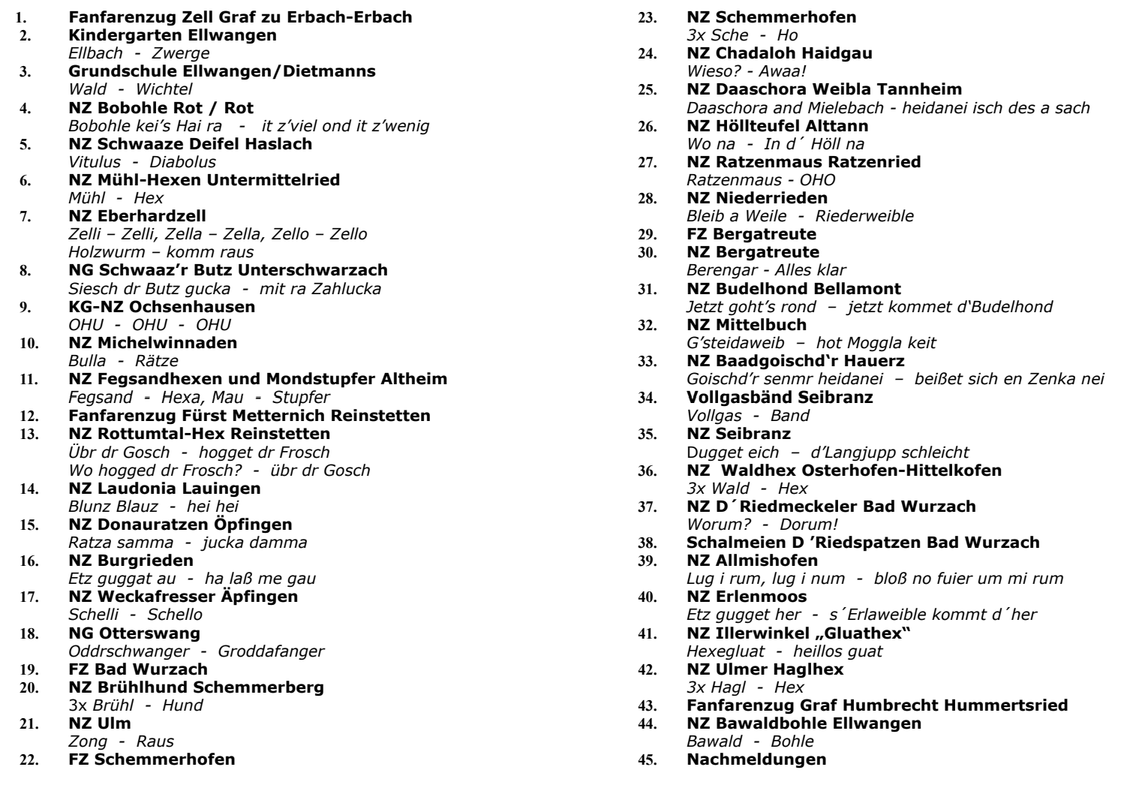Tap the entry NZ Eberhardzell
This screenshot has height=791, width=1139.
click(x=137, y=216)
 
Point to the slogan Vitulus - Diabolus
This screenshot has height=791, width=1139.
click(x=142, y=161)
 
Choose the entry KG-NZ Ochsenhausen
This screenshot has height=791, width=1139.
click(x=161, y=306)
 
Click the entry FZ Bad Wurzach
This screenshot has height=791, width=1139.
click(x=138, y=669)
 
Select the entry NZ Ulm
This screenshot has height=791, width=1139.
click(x=100, y=723)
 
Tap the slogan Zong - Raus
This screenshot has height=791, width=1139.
click(x=121, y=741)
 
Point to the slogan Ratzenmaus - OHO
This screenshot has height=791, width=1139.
click(x=761, y=179)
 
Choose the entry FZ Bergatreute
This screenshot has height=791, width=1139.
click(x=752, y=233)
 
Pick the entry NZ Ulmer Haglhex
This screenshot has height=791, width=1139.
click(x=765, y=669)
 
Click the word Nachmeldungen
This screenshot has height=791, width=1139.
click(x=757, y=759)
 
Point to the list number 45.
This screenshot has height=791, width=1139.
click(x=645, y=759)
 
